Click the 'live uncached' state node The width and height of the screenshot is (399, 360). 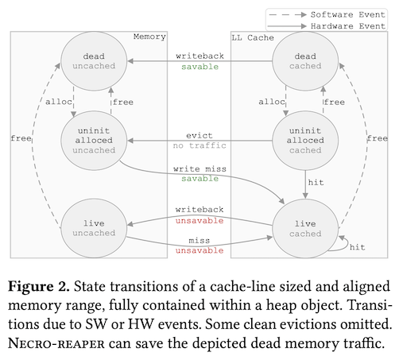click(93, 226)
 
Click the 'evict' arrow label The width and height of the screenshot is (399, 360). click(199, 135)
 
